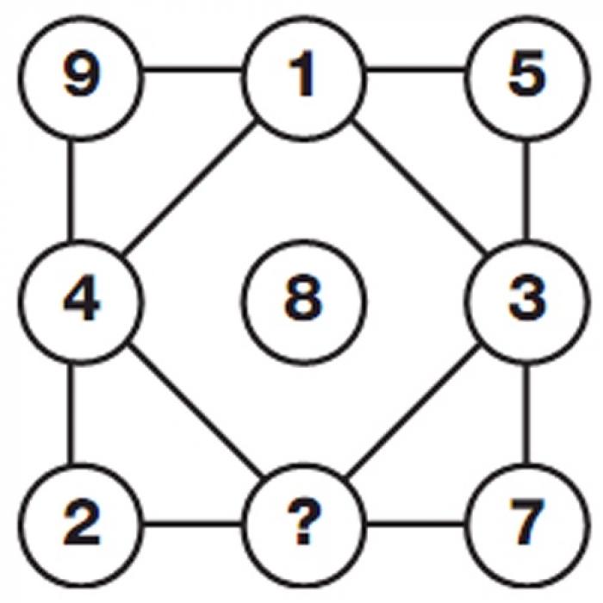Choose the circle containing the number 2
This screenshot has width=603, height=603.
[x=79, y=524]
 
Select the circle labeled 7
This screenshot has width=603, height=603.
[x=526, y=524]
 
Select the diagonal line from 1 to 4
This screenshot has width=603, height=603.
[x=191, y=188]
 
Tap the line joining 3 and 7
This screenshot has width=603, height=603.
[x=527, y=413]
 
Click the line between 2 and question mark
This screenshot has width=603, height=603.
[x=191, y=523]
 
